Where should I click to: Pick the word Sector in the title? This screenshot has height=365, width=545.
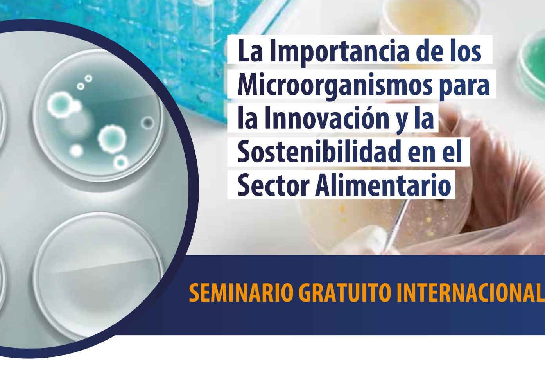[x=273, y=185]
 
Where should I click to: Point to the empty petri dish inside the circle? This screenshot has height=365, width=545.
[x=97, y=275]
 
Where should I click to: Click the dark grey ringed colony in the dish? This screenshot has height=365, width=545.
[x=148, y=122]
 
